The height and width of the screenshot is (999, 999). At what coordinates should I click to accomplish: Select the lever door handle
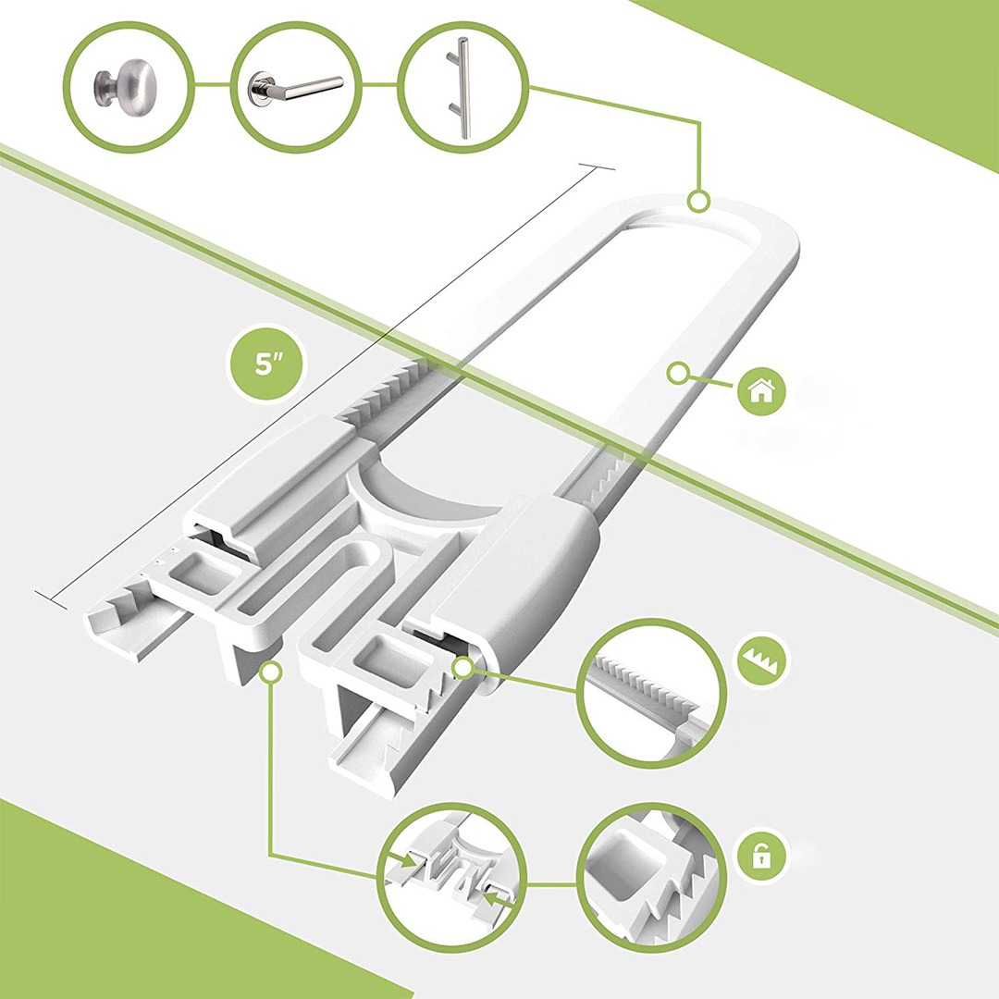coord(294,88)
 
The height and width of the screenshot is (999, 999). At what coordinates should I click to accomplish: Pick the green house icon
coord(760,390)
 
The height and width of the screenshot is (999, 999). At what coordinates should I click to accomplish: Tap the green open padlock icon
coord(761,856)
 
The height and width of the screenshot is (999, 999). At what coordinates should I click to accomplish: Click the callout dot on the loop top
coord(698,201)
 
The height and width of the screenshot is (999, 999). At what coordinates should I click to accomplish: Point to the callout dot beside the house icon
coord(679,374)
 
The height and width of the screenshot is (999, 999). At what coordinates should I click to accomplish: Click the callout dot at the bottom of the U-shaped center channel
coord(272,671)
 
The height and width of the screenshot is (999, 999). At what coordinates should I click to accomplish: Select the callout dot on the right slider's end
coord(462,668)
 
